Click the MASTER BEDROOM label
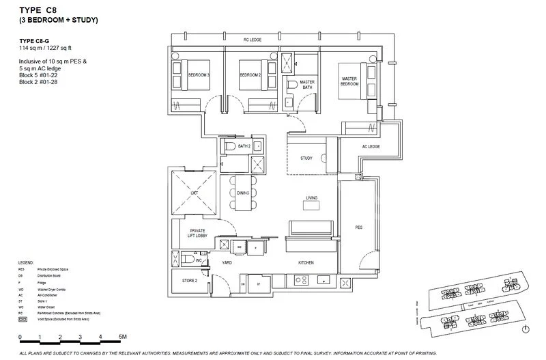click(x=349, y=81)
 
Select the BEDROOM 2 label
click(x=250, y=74)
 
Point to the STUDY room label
click(x=306, y=158)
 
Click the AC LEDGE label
click(x=370, y=147)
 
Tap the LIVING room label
click(x=311, y=197)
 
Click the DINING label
click(x=243, y=193)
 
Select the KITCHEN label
click(x=305, y=262)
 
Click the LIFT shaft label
click(x=194, y=193)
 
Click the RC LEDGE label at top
click(x=253, y=41)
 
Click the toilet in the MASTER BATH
click(x=292, y=85)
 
